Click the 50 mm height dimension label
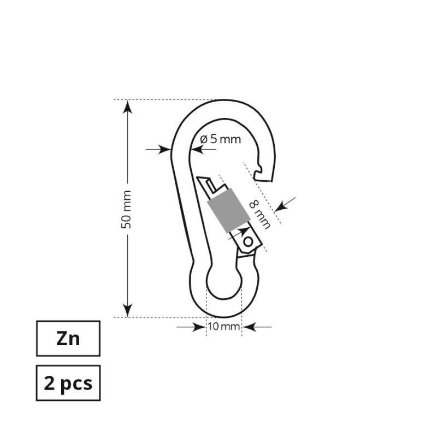tap(127, 209)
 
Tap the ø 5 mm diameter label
tap(220, 139)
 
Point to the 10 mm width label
tap(223, 327)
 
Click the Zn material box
tap(68, 339)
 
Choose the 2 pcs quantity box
tap(68, 383)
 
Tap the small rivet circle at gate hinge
tap(249, 240)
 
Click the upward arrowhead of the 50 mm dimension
tap(127, 107)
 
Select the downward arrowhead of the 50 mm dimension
tap(127, 311)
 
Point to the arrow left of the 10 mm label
tap(192, 327)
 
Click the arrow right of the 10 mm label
tap(256, 327)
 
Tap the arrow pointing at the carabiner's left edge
tap(160, 149)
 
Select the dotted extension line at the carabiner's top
tap(164, 99)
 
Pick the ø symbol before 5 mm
tap(204, 139)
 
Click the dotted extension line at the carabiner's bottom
tap(164, 317)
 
